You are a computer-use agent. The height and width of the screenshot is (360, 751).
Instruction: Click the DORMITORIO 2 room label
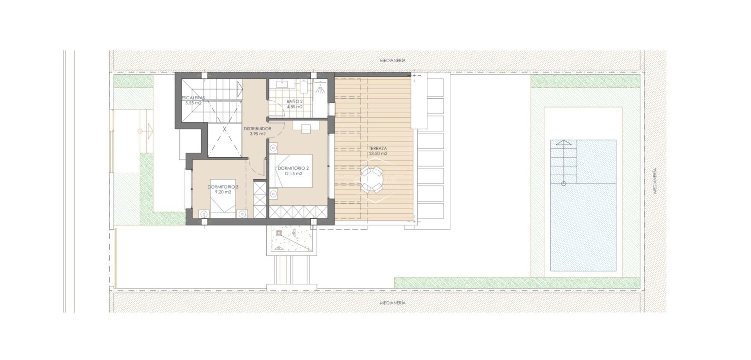293,168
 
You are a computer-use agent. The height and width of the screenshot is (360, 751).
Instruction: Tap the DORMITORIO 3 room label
223,187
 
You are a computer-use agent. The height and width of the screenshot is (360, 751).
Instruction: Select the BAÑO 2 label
295,101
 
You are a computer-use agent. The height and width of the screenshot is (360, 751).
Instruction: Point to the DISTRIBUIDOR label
257,129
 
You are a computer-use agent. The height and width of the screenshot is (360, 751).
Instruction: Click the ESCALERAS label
193,98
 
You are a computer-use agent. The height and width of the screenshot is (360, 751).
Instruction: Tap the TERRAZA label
378,149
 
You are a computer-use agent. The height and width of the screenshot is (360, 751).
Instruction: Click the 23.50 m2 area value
378,154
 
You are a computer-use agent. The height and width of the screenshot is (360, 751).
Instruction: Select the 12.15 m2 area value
293,174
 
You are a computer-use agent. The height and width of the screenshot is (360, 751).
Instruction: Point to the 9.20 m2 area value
223,192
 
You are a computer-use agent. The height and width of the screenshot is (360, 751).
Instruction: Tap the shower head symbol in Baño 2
320,88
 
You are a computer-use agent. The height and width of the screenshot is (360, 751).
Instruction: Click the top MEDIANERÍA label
393,61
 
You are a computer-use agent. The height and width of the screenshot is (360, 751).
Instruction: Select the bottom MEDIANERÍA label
393,303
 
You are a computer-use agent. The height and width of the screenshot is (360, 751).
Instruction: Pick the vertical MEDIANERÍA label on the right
655,181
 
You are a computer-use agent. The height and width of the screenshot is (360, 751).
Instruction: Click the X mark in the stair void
225,128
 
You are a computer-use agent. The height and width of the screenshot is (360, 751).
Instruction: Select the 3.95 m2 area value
257,134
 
